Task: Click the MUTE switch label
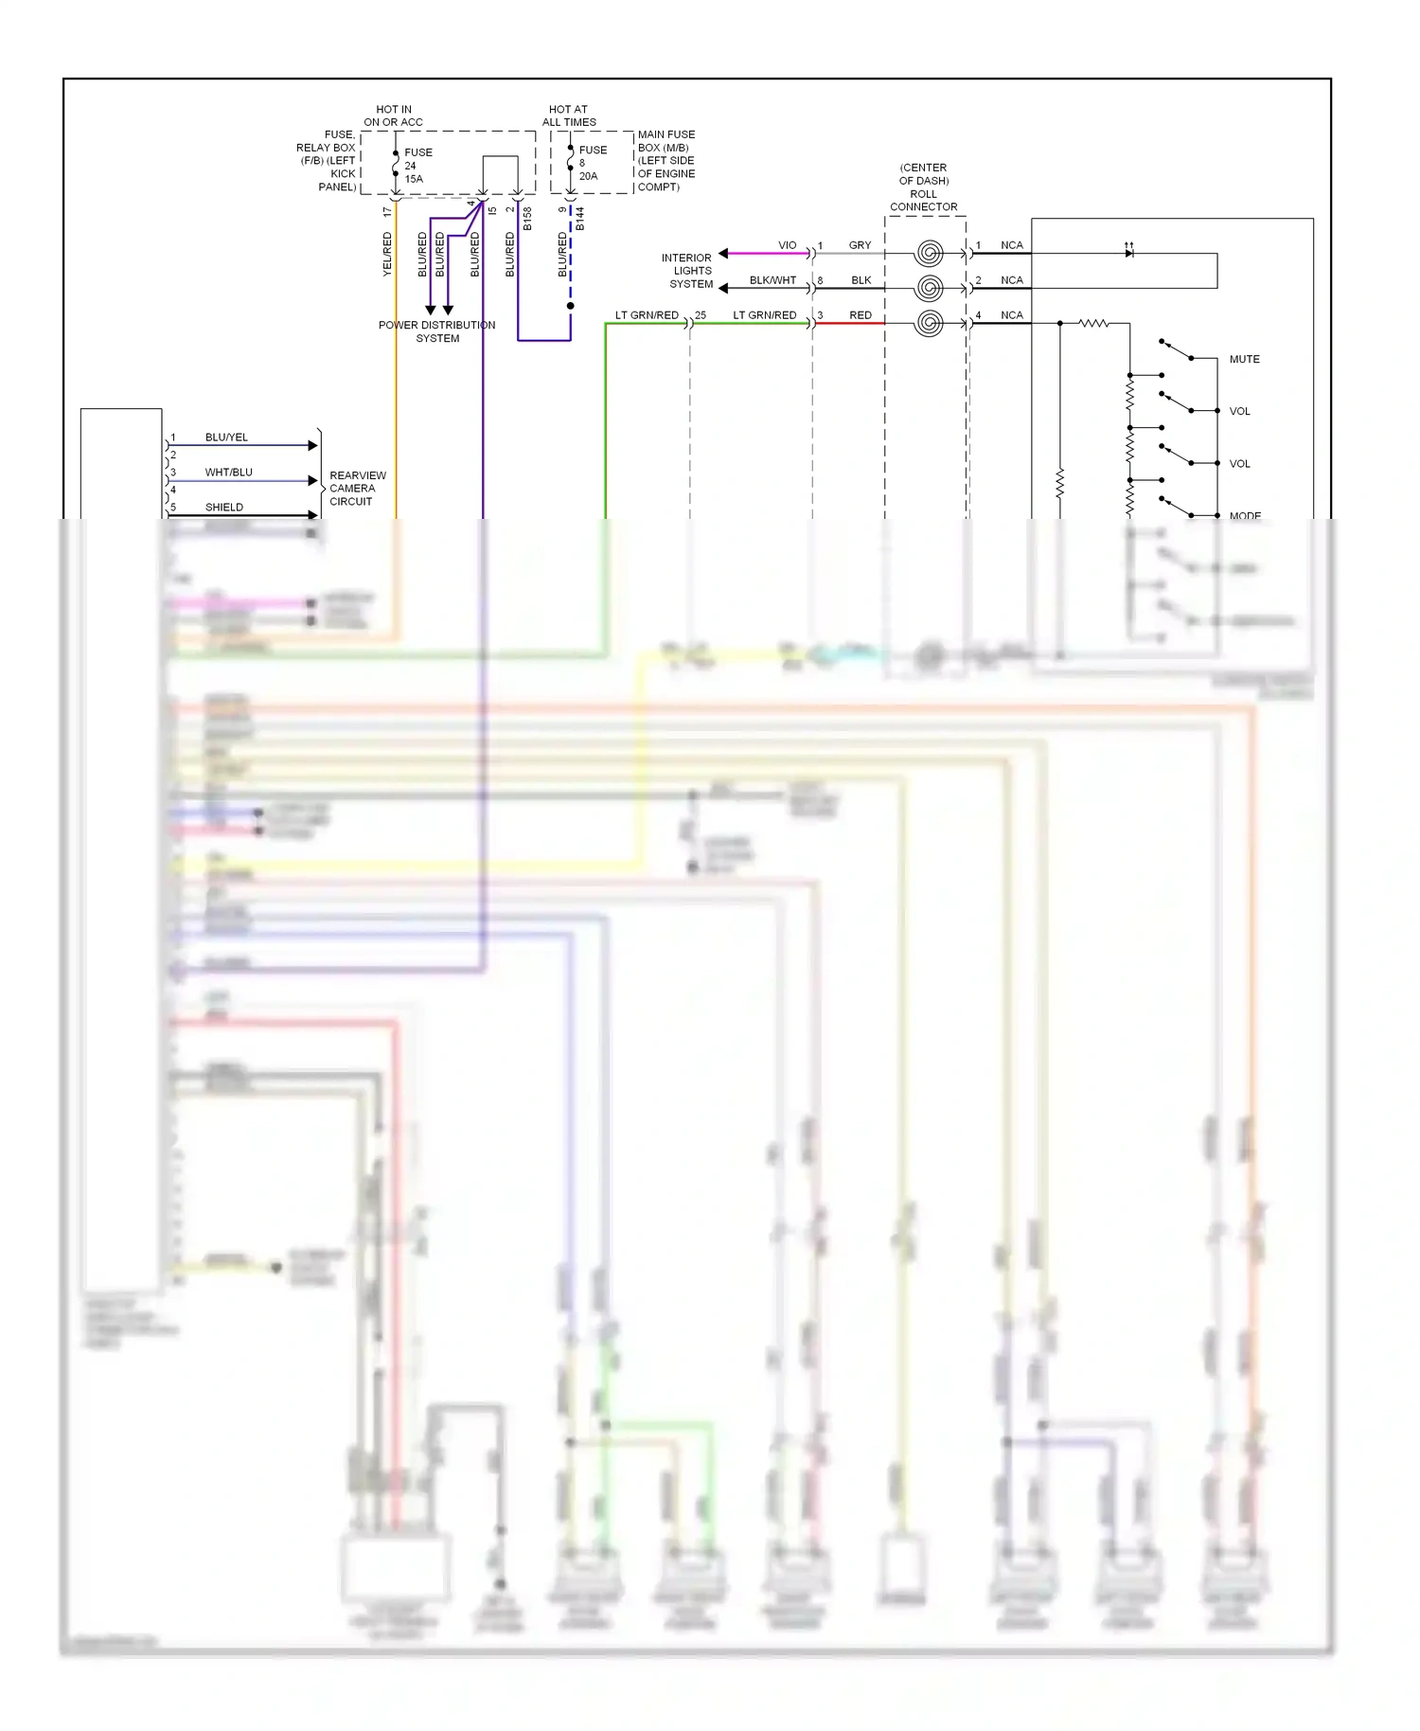[1244, 360]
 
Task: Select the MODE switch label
[1245, 516]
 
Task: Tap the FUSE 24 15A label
[417, 166]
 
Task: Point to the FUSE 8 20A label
[592, 163]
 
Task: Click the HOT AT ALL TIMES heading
[569, 116]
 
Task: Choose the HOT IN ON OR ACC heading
[394, 116]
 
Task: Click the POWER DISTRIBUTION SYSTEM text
[436, 331]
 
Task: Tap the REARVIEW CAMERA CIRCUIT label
[357, 489]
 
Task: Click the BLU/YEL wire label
[226, 437]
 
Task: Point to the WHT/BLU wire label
[228, 473]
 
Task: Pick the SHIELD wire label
[224, 508]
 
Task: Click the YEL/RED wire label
[387, 255]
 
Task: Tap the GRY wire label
[860, 246]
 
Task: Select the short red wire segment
[849, 324]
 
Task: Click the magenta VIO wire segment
[767, 254]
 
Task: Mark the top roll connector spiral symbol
[930, 253]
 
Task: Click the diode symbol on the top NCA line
[1128, 253]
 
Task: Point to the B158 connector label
[527, 219]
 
